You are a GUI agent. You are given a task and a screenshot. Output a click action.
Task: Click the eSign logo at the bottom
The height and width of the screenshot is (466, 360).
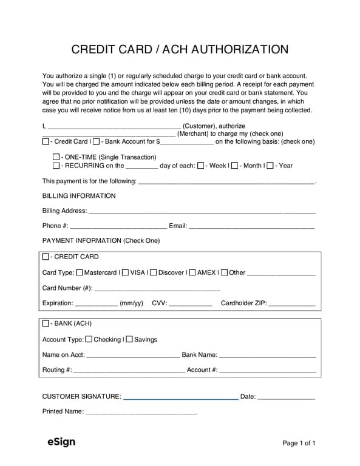click(x=61, y=442)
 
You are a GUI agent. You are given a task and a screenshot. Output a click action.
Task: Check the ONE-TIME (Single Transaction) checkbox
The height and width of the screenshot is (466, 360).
click(x=56, y=157)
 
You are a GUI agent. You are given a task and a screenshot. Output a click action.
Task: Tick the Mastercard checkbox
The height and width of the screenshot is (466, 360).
click(x=79, y=272)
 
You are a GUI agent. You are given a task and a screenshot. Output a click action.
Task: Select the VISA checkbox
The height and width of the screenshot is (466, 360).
click(x=125, y=272)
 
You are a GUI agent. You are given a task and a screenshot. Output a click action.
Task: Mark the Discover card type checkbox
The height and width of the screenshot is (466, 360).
click(x=153, y=272)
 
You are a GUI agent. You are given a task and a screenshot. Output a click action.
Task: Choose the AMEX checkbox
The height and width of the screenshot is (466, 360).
click(x=192, y=272)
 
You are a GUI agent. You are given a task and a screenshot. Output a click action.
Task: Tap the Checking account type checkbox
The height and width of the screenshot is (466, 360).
click(x=89, y=340)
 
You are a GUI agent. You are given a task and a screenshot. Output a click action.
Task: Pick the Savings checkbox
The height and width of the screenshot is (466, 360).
click(x=129, y=340)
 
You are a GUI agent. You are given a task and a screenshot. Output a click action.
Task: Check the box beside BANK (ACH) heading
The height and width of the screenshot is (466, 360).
click(x=46, y=323)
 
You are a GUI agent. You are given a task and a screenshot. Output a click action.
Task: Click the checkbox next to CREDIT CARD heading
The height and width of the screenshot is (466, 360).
click(x=46, y=257)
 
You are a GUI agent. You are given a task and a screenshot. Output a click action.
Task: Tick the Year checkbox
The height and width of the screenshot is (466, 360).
click(x=271, y=165)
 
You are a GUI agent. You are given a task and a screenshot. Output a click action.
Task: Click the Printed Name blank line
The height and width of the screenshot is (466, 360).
click(x=141, y=413)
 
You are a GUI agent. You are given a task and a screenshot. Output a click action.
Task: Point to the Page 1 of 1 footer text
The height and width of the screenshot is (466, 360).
click(x=299, y=444)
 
